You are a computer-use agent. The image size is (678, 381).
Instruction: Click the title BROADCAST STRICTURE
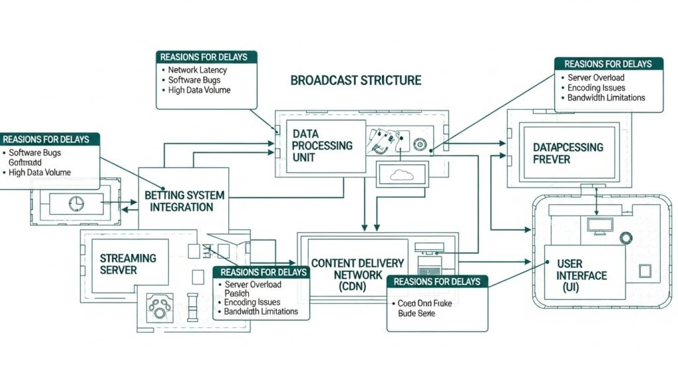coord(356,80)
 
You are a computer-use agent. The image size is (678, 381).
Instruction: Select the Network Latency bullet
coord(197,70)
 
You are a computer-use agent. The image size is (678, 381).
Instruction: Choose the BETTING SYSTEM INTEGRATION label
coord(184,201)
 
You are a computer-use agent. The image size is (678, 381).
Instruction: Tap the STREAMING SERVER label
coord(128,263)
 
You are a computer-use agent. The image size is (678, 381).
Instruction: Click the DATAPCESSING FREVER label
coord(568,153)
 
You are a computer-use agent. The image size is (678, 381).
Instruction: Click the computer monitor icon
coord(601,226)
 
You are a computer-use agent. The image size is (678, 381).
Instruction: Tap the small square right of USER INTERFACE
coord(645,271)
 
